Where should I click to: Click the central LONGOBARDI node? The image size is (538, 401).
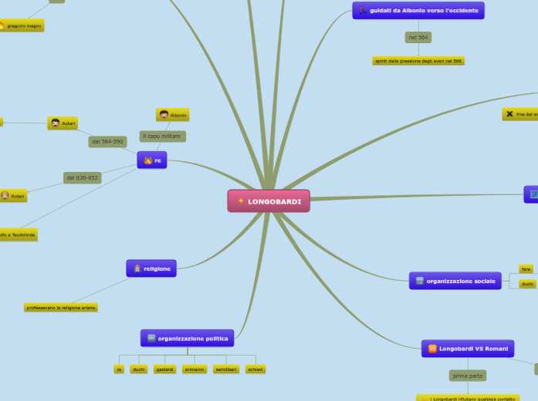(x=269, y=201)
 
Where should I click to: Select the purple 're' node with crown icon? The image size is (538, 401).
(x=152, y=160)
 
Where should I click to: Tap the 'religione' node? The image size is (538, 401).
(x=151, y=268)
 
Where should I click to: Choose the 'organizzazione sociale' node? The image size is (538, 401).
(x=455, y=281)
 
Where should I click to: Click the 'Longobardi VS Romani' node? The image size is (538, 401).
(x=468, y=349)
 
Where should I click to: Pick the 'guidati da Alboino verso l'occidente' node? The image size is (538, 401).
(x=418, y=10)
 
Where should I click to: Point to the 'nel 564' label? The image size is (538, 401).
(x=418, y=37)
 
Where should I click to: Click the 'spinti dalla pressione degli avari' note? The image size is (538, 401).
(x=418, y=60)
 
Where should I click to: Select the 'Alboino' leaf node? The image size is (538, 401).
(x=173, y=115)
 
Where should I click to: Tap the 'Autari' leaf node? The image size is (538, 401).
(x=63, y=123)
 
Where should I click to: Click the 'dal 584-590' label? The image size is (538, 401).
(x=107, y=142)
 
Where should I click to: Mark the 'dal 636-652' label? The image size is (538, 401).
(x=83, y=177)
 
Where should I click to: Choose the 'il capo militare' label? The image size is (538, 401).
(x=162, y=136)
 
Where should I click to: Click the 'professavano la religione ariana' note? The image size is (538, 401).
(x=61, y=307)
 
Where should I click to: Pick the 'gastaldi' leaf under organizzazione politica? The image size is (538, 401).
(x=164, y=369)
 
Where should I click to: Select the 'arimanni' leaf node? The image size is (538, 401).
(x=194, y=369)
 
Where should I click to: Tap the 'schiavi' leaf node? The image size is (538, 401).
(x=255, y=369)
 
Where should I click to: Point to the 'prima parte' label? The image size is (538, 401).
(x=468, y=376)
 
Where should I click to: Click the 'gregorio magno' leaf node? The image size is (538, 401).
(x=22, y=25)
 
